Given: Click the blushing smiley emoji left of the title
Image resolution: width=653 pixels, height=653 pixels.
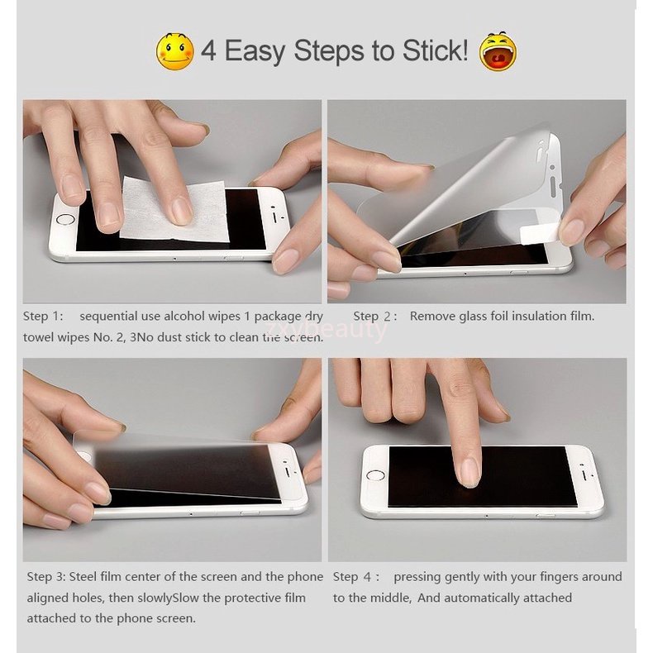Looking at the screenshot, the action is point(175,51).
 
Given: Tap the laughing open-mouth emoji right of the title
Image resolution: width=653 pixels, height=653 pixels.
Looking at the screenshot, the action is point(498,51).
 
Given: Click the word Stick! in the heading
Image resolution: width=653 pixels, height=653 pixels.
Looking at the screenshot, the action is point(435,50).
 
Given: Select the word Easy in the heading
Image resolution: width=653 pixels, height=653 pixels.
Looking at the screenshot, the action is point(255,51).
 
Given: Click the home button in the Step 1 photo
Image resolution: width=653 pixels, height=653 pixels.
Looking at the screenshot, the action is point(65,220).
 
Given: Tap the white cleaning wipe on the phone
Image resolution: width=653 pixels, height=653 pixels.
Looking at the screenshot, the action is point(174,209).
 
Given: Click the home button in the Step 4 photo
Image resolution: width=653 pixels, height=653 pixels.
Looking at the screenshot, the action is point(375,475).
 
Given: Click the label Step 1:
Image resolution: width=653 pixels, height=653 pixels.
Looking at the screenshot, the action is point(43,316).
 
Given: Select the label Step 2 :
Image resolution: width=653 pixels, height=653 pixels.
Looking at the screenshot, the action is point(374,316).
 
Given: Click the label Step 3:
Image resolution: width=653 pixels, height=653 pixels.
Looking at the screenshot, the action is point(46,577).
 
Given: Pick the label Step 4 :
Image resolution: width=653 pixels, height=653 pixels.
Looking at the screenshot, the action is point(356,577).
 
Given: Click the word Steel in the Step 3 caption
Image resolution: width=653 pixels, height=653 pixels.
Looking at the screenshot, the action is point(83,577).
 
